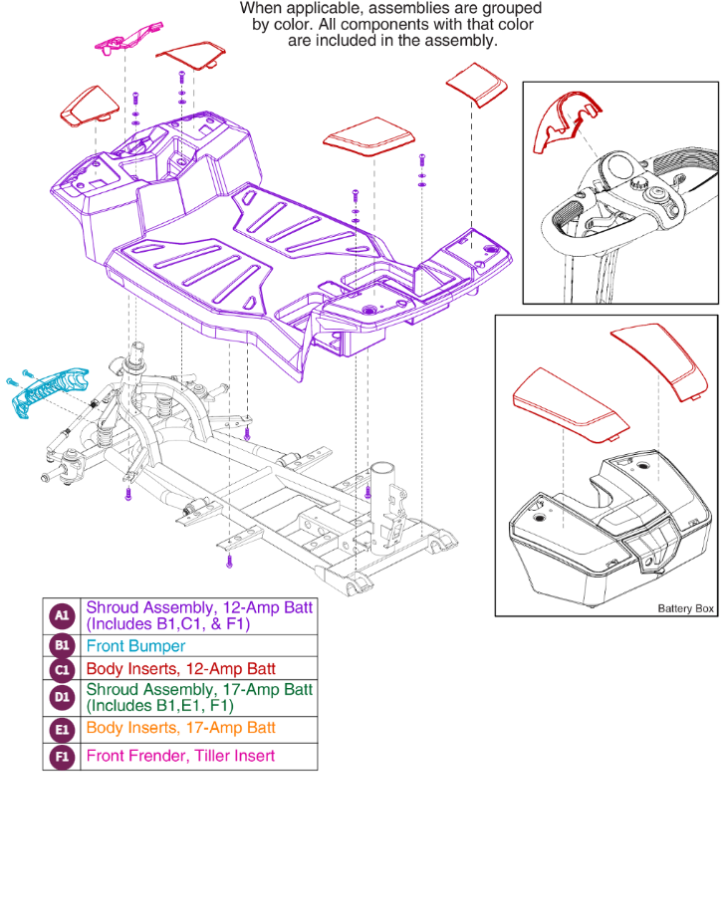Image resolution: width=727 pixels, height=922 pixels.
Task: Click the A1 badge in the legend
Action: (x=61, y=616)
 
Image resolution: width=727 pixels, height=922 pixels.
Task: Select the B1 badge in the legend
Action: (x=61, y=646)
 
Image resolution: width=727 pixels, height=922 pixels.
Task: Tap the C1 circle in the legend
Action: (x=61, y=669)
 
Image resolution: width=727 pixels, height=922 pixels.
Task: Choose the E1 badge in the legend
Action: (x=61, y=729)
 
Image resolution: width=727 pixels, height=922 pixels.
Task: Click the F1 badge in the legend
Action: (x=61, y=757)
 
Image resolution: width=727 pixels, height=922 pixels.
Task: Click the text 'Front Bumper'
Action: (x=135, y=646)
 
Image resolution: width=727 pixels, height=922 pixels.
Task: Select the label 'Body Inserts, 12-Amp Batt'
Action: (x=180, y=669)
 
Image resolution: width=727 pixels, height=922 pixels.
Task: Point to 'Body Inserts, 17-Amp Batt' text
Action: (x=180, y=728)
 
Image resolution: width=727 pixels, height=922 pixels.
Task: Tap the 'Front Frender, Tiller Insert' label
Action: (x=180, y=756)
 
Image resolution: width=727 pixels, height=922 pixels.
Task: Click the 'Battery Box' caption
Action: (x=685, y=608)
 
